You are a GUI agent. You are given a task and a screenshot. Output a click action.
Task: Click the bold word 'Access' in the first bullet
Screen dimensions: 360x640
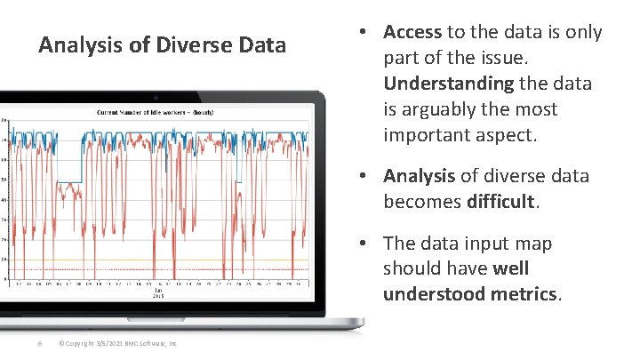pos(412,32)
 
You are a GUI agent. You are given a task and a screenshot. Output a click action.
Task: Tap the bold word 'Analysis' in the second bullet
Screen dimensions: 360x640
pos(419,176)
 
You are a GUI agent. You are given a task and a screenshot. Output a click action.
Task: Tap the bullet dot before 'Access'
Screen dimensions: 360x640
pos(365,33)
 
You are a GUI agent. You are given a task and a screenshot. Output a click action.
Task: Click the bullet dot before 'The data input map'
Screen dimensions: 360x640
pos(365,244)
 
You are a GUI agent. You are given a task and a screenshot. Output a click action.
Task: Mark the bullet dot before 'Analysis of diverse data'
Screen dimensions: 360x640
pos(365,177)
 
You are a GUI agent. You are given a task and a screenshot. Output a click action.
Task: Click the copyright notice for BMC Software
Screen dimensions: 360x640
pos(116,343)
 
